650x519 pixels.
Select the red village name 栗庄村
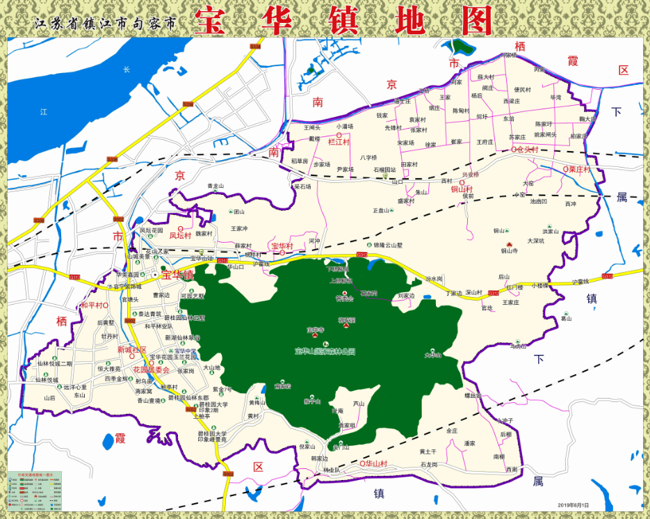578,169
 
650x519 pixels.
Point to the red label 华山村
376,463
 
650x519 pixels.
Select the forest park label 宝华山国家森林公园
325,351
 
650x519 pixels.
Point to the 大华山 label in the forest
433,356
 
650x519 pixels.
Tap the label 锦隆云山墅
388,245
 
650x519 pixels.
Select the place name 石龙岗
429,464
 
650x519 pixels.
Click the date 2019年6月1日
573,505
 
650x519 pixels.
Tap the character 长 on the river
127,69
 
